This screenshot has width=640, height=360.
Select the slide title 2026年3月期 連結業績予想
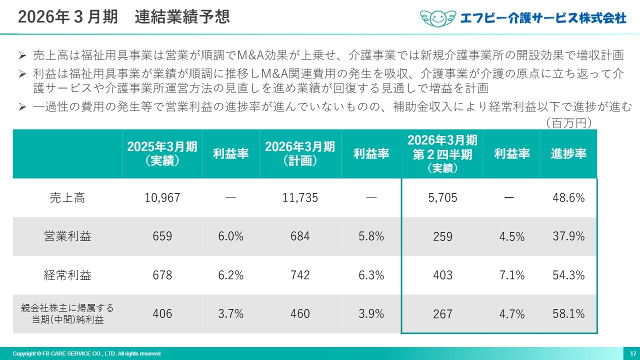pos(124,16)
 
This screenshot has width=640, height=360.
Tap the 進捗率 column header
pos(568,154)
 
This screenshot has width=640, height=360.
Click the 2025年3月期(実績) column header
pos(162,153)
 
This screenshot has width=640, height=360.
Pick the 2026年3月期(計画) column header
pos(300,153)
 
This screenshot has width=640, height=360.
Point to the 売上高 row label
pos(67,198)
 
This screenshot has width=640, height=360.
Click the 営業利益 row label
pos(67,236)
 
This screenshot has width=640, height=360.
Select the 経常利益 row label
pos(67,275)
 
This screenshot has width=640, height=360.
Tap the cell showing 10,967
pos(162,198)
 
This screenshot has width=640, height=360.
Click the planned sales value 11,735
pos(300,198)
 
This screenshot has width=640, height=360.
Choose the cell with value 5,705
pos(442,198)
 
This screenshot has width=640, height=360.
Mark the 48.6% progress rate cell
pos(568,198)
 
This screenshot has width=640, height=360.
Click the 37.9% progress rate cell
pos(568,236)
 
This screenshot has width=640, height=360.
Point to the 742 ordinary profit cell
pos(300,275)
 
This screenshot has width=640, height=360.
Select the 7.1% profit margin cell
pos(512,275)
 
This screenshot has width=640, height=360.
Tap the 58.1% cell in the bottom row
pos(568,314)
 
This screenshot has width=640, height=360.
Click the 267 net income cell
pos(442,314)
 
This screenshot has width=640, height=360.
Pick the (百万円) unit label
pos(569,122)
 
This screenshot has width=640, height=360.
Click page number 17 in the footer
pos(632,353)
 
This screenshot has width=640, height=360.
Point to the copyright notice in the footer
pos(86,353)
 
